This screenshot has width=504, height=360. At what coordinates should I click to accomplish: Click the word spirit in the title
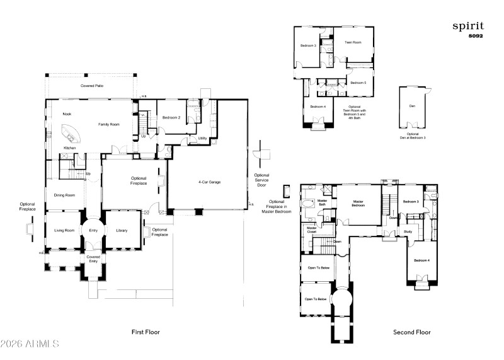pyautogui.click(x=468, y=26)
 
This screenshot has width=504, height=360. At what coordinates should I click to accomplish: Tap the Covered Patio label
pyautogui.click(x=92, y=86)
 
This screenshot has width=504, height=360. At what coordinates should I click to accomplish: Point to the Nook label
pyautogui.click(x=67, y=114)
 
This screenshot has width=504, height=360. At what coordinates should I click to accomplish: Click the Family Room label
pyautogui.click(x=108, y=124)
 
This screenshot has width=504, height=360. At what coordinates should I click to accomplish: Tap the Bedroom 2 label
pyautogui.click(x=171, y=118)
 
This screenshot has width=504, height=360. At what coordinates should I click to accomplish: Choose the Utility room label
pyautogui.click(x=202, y=138)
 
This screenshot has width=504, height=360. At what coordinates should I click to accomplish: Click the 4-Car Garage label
pyautogui.click(x=209, y=182)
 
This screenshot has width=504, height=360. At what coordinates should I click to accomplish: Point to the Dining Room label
pyautogui.click(x=64, y=195)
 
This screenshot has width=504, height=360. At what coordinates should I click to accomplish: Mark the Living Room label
pyautogui.click(x=64, y=230)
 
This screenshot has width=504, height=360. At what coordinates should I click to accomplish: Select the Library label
pyautogui.click(x=122, y=230)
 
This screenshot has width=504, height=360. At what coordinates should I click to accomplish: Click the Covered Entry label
pyautogui.click(x=93, y=259)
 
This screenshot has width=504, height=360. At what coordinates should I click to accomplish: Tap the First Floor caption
pyautogui.click(x=146, y=332)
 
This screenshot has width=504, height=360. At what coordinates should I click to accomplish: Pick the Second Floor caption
pyautogui.click(x=412, y=332)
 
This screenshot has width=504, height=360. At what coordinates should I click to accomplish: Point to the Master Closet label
pyautogui.click(x=312, y=230)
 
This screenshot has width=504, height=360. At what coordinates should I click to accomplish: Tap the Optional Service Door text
pyautogui.click(x=261, y=180)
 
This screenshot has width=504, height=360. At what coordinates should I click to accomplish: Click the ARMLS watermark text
pyautogui.click(x=30, y=344)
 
